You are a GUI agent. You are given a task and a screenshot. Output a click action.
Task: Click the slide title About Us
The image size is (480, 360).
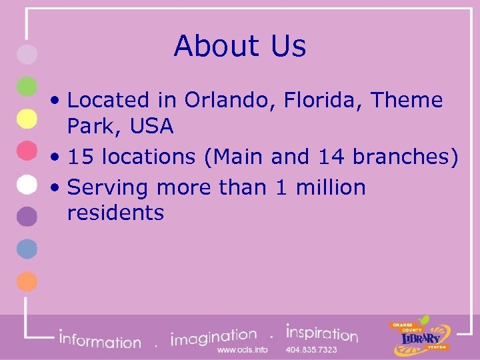coord(240,47)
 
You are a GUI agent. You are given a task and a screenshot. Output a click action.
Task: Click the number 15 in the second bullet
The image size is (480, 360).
coord(81,157)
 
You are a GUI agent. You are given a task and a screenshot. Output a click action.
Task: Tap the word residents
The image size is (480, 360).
coord(115,213)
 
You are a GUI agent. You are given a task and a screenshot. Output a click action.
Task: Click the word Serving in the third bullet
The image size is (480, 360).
coord(109,188)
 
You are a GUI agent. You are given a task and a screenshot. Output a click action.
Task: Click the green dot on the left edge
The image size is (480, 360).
coord(27,86)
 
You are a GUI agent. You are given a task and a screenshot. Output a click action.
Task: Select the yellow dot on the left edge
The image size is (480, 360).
coord(27,119)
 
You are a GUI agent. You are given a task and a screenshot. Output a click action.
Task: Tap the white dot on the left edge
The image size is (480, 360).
coord(27,184)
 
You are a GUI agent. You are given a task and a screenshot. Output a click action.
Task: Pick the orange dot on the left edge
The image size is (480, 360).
coord(27,281)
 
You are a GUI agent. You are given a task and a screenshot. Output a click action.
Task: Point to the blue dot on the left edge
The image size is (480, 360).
coord(27,249)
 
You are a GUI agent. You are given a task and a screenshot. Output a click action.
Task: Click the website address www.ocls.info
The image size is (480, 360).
coord(243,350)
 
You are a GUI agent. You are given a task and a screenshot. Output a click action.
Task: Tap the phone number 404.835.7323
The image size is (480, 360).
coord(311,350)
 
